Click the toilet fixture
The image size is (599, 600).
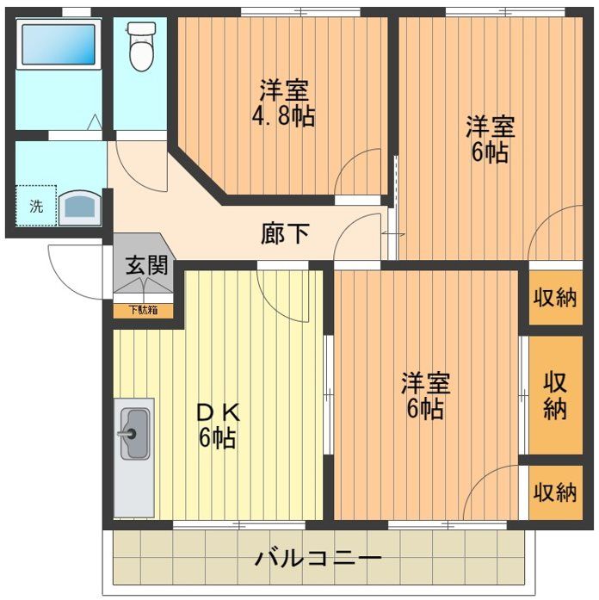[x=141, y=46]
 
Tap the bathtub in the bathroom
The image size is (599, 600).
[x=59, y=45]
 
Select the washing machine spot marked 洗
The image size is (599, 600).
[x=36, y=206]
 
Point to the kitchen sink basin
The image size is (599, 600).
[x=134, y=434]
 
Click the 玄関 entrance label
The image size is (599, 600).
[x=147, y=265]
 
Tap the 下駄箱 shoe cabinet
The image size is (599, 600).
[x=144, y=311]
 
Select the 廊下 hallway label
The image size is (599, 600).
[x=286, y=233]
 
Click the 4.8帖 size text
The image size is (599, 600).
[x=283, y=116]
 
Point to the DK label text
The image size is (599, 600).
[x=218, y=413]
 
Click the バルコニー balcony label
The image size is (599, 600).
[x=318, y=559]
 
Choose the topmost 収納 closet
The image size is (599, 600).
[x=555, y=297]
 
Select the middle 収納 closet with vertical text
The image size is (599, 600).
[x=555, y=395]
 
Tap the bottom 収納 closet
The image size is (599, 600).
[x=555, y=492]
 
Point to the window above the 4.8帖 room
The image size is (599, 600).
[x=300, y=12]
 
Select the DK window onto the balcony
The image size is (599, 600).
[x=239, y=524]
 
